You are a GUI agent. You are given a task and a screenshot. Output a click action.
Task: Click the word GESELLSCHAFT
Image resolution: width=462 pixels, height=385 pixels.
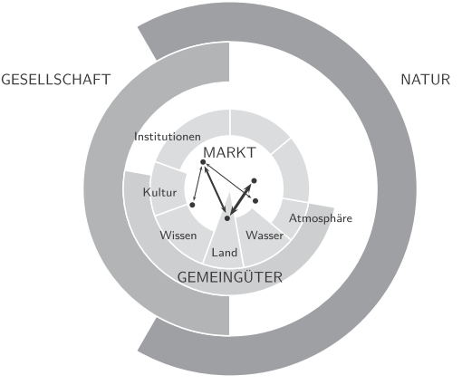pos(56,80)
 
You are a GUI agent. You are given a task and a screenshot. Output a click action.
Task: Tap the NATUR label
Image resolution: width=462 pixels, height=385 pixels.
pos(426,80)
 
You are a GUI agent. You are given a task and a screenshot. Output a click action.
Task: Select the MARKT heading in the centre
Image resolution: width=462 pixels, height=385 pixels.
pos(230,152)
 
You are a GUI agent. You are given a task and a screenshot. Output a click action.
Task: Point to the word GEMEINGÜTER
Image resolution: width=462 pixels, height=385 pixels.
pos(230,276)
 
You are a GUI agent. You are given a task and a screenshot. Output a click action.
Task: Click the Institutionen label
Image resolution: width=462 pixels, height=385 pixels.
pos(168,137)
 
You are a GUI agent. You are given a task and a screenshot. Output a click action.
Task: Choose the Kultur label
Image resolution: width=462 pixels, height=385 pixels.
pos(159,192)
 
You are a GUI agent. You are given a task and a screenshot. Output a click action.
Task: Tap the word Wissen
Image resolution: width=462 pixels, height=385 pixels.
pos(178,236)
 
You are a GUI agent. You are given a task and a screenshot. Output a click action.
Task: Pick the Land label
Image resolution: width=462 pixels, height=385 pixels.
pos(225,253)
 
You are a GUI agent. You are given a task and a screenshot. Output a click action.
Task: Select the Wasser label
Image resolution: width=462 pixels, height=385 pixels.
pos(265,236)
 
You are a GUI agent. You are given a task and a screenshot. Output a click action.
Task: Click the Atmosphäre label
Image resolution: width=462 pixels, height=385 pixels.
pos(321,218)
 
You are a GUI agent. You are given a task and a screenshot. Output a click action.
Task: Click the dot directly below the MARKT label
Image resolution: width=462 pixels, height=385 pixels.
pos(203,162)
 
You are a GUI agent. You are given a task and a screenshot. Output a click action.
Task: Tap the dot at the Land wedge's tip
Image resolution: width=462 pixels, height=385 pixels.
pos(227,218)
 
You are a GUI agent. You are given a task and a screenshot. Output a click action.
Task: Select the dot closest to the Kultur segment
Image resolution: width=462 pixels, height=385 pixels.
pos(192,205)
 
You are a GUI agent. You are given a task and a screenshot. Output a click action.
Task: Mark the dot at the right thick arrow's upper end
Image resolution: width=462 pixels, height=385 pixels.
pos(254,181)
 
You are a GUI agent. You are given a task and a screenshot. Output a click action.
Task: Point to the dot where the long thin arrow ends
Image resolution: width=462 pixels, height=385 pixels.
pos(255,201)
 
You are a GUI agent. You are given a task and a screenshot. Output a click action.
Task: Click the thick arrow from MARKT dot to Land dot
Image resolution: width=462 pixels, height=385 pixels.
pos(215,189)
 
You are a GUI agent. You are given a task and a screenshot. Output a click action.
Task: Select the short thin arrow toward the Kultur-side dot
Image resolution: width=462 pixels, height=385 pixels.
pos(198,183)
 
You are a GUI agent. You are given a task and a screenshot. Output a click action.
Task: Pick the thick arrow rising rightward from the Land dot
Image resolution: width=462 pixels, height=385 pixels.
pos(240,199)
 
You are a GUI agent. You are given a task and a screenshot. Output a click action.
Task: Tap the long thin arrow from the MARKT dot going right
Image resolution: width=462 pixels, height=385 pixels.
pos(229,181)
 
